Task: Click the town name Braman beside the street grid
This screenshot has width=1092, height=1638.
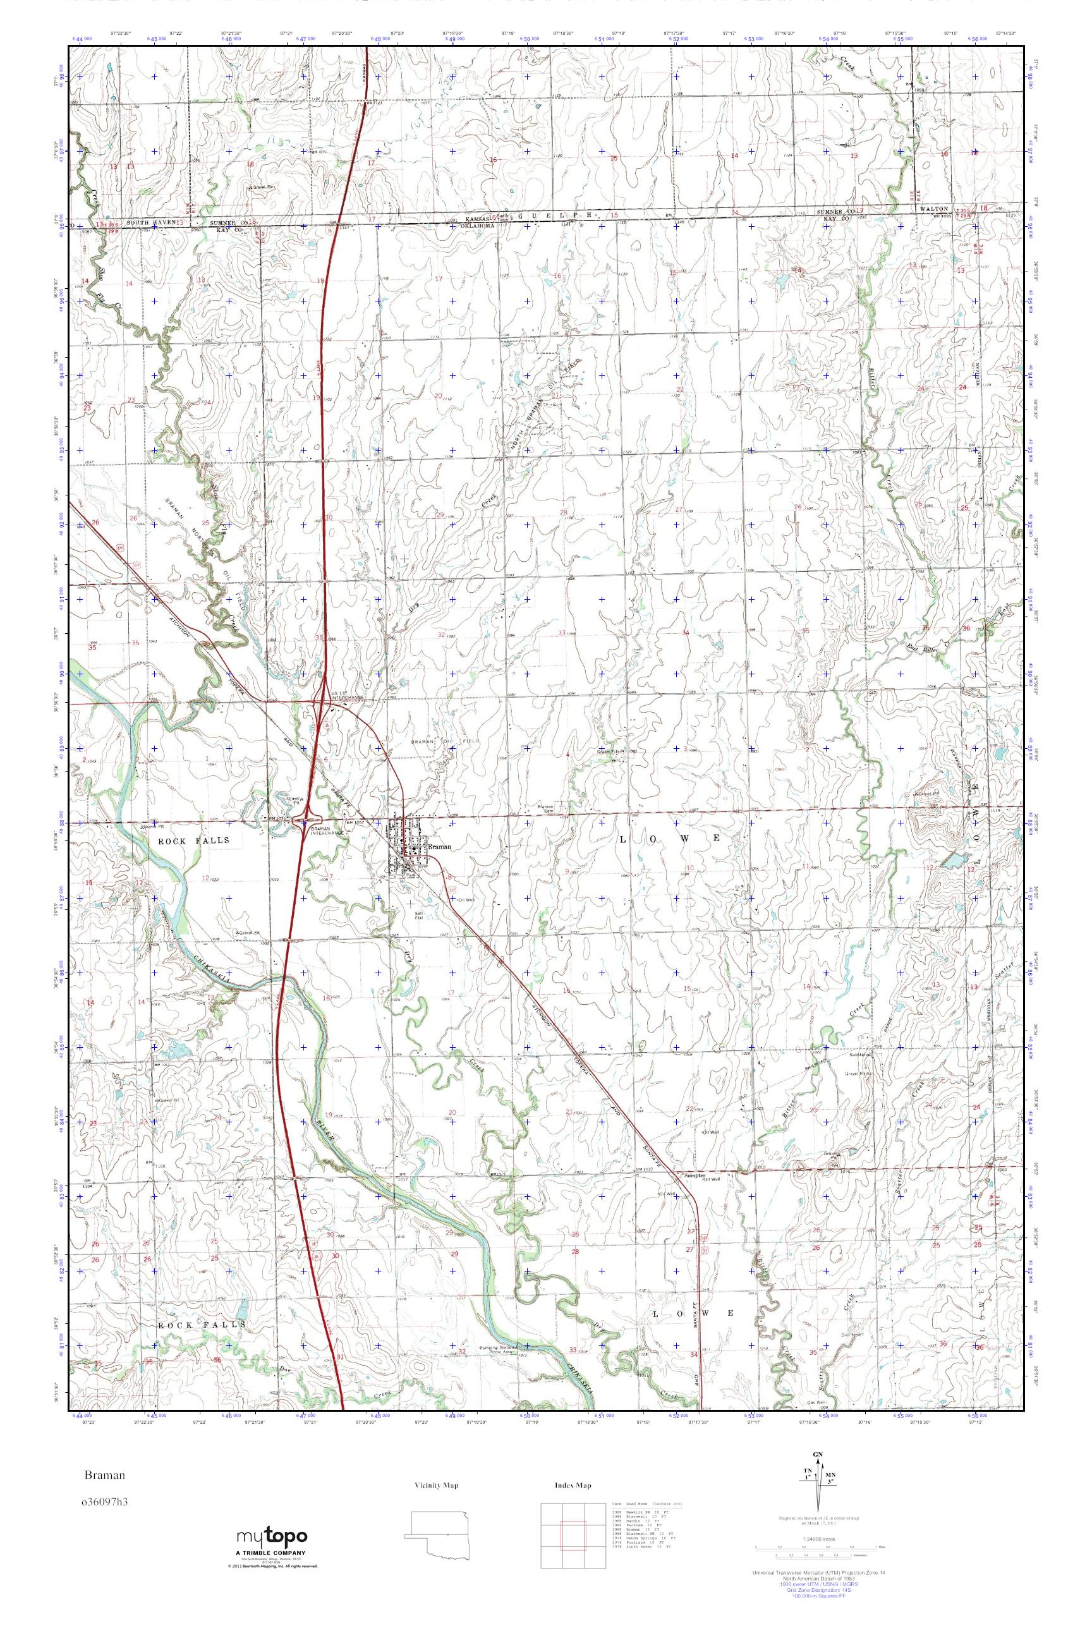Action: click(439, 847)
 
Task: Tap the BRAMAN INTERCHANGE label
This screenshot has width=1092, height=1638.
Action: click(327, 832)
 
